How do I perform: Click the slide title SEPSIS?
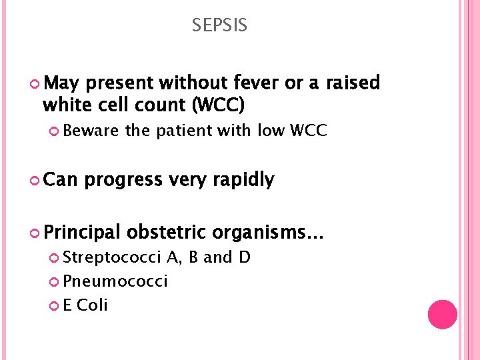219,26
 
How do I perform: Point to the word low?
271,131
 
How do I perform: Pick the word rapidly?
241,180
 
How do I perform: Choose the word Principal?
82,233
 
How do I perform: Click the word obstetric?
167,233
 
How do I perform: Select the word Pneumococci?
116,281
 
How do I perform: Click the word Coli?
93,305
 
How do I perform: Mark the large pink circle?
442,315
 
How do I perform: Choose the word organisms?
269,233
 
